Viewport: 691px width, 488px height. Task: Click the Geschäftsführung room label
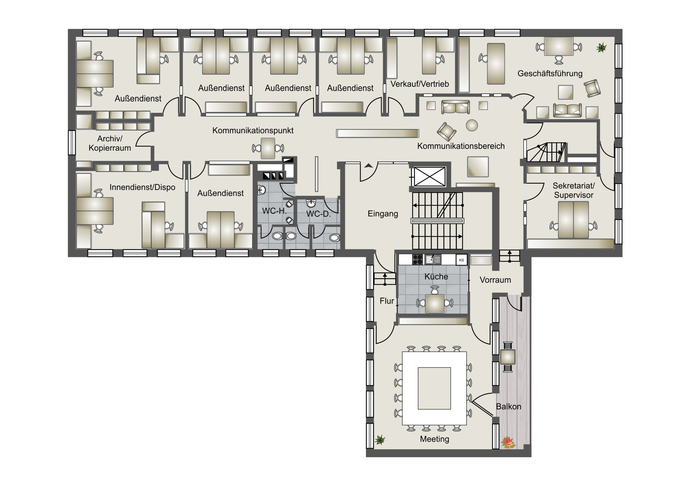[550, 74]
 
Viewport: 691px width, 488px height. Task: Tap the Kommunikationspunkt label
[253, 131]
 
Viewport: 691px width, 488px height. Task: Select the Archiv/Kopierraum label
[110, 143]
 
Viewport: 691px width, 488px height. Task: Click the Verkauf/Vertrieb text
[420, 84]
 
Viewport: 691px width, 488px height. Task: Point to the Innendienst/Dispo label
[142, 187]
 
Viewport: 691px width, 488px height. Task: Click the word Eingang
[383, 214]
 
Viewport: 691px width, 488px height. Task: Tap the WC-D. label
[319, 214]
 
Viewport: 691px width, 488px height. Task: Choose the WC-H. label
[274, 211]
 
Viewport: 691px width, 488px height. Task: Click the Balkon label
[509, 406]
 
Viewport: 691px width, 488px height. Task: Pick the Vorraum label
[495, 280]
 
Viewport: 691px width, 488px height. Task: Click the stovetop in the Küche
[417, 259]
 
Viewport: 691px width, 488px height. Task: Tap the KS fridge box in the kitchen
[462, 260]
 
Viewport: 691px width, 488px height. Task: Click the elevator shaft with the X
[430, 176]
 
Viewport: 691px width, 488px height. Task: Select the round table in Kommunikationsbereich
[472, 125]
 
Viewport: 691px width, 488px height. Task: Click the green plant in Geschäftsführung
[602, 47]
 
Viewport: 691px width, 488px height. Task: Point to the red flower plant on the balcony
[508, 442]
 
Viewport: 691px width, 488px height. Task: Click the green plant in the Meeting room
[380, 440]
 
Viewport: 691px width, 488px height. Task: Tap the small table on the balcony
[508, 357]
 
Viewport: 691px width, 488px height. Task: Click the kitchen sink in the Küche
[433, 259]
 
